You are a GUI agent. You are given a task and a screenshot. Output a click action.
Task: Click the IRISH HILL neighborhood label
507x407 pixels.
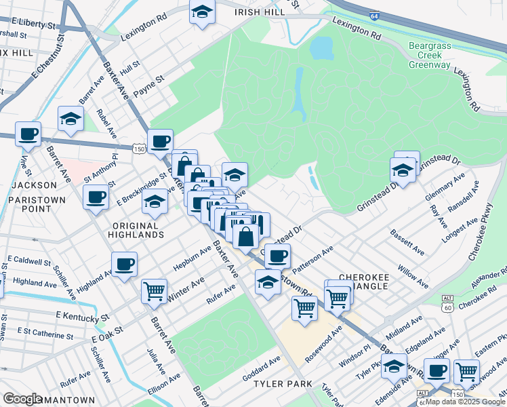256,12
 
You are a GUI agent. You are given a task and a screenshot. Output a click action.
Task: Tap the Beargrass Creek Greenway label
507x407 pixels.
430,55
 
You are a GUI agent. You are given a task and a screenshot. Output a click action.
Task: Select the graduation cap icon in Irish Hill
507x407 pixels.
202,13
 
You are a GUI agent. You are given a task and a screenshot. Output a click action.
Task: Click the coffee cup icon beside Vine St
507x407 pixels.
28,134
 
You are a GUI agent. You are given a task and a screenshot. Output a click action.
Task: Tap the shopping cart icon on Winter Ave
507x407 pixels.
154,291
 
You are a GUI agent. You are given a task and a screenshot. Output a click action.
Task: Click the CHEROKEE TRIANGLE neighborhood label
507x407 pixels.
363,282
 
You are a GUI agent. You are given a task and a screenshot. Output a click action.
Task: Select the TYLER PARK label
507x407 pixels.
276,384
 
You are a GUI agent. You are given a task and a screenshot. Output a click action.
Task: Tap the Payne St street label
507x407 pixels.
148,84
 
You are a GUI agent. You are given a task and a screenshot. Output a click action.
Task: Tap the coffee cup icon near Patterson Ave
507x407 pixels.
277,256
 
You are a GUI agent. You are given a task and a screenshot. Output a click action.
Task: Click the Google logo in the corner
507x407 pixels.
23,399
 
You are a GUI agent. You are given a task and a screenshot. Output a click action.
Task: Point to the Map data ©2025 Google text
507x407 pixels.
465,402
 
